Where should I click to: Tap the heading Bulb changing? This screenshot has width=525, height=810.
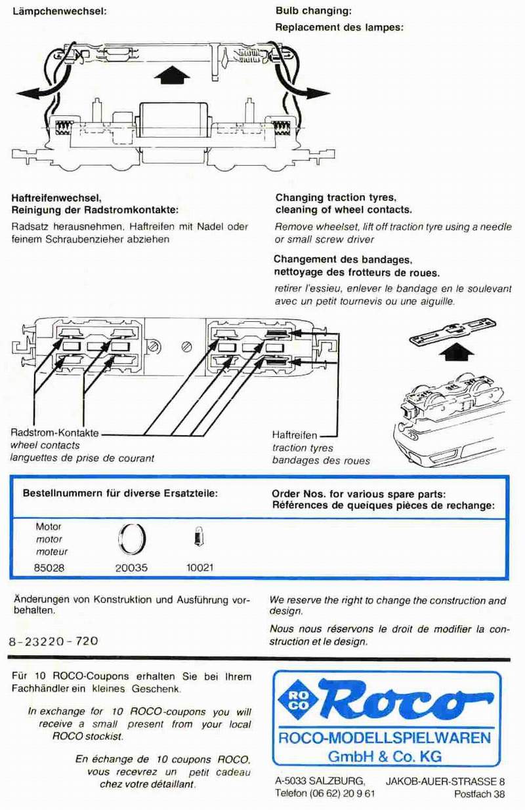[x=313, y=11]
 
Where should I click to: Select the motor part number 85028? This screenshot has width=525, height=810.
[x=49, y=568]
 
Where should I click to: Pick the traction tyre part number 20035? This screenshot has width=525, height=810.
[x=131, y=568]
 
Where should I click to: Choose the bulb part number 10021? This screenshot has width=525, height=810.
[x=199, y=568]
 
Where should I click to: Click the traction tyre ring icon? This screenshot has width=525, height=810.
[x=131, y=540]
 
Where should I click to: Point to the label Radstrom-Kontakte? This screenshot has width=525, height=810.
[x=54, y=433]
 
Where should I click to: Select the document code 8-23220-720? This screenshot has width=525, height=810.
[x=53, y=642]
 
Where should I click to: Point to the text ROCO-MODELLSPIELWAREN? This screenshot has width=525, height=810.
[x=385, y=738]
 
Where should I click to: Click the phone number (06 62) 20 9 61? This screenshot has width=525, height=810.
[x=325, y=794]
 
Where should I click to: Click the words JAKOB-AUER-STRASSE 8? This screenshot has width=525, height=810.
[x=445, y=781]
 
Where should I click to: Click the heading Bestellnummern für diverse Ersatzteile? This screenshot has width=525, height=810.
[x=120, y=492]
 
